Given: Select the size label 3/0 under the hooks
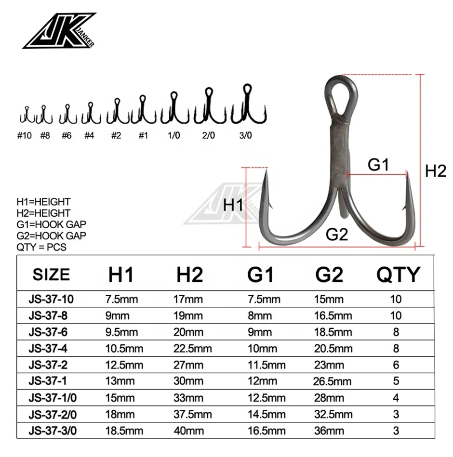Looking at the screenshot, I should [246, 136].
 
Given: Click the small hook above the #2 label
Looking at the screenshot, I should [116, 112].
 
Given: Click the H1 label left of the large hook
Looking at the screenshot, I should [233, 206].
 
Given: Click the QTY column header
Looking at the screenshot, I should [398, 274].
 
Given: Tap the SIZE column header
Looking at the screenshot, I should [51, 274].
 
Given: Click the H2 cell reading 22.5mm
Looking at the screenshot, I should [192, 349].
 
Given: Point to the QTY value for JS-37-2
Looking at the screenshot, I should [396, 365].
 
